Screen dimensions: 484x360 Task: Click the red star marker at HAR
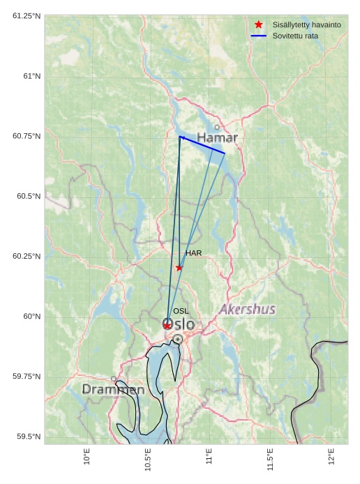coord(179,268)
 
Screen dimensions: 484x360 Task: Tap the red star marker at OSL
coord(167,326)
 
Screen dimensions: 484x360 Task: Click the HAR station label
coord(193,253)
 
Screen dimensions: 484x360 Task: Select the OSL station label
coord(181,311)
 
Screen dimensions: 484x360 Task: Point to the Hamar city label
coord(217,138)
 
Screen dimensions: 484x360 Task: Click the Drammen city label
coord(113,389)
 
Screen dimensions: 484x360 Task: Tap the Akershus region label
coord(247,309)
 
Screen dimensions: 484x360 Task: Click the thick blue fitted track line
coord(202,145)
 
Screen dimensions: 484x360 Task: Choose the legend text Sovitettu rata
coord(295,35)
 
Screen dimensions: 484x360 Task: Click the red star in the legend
coord(259,24)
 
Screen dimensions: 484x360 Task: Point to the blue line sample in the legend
coord(259,35)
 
